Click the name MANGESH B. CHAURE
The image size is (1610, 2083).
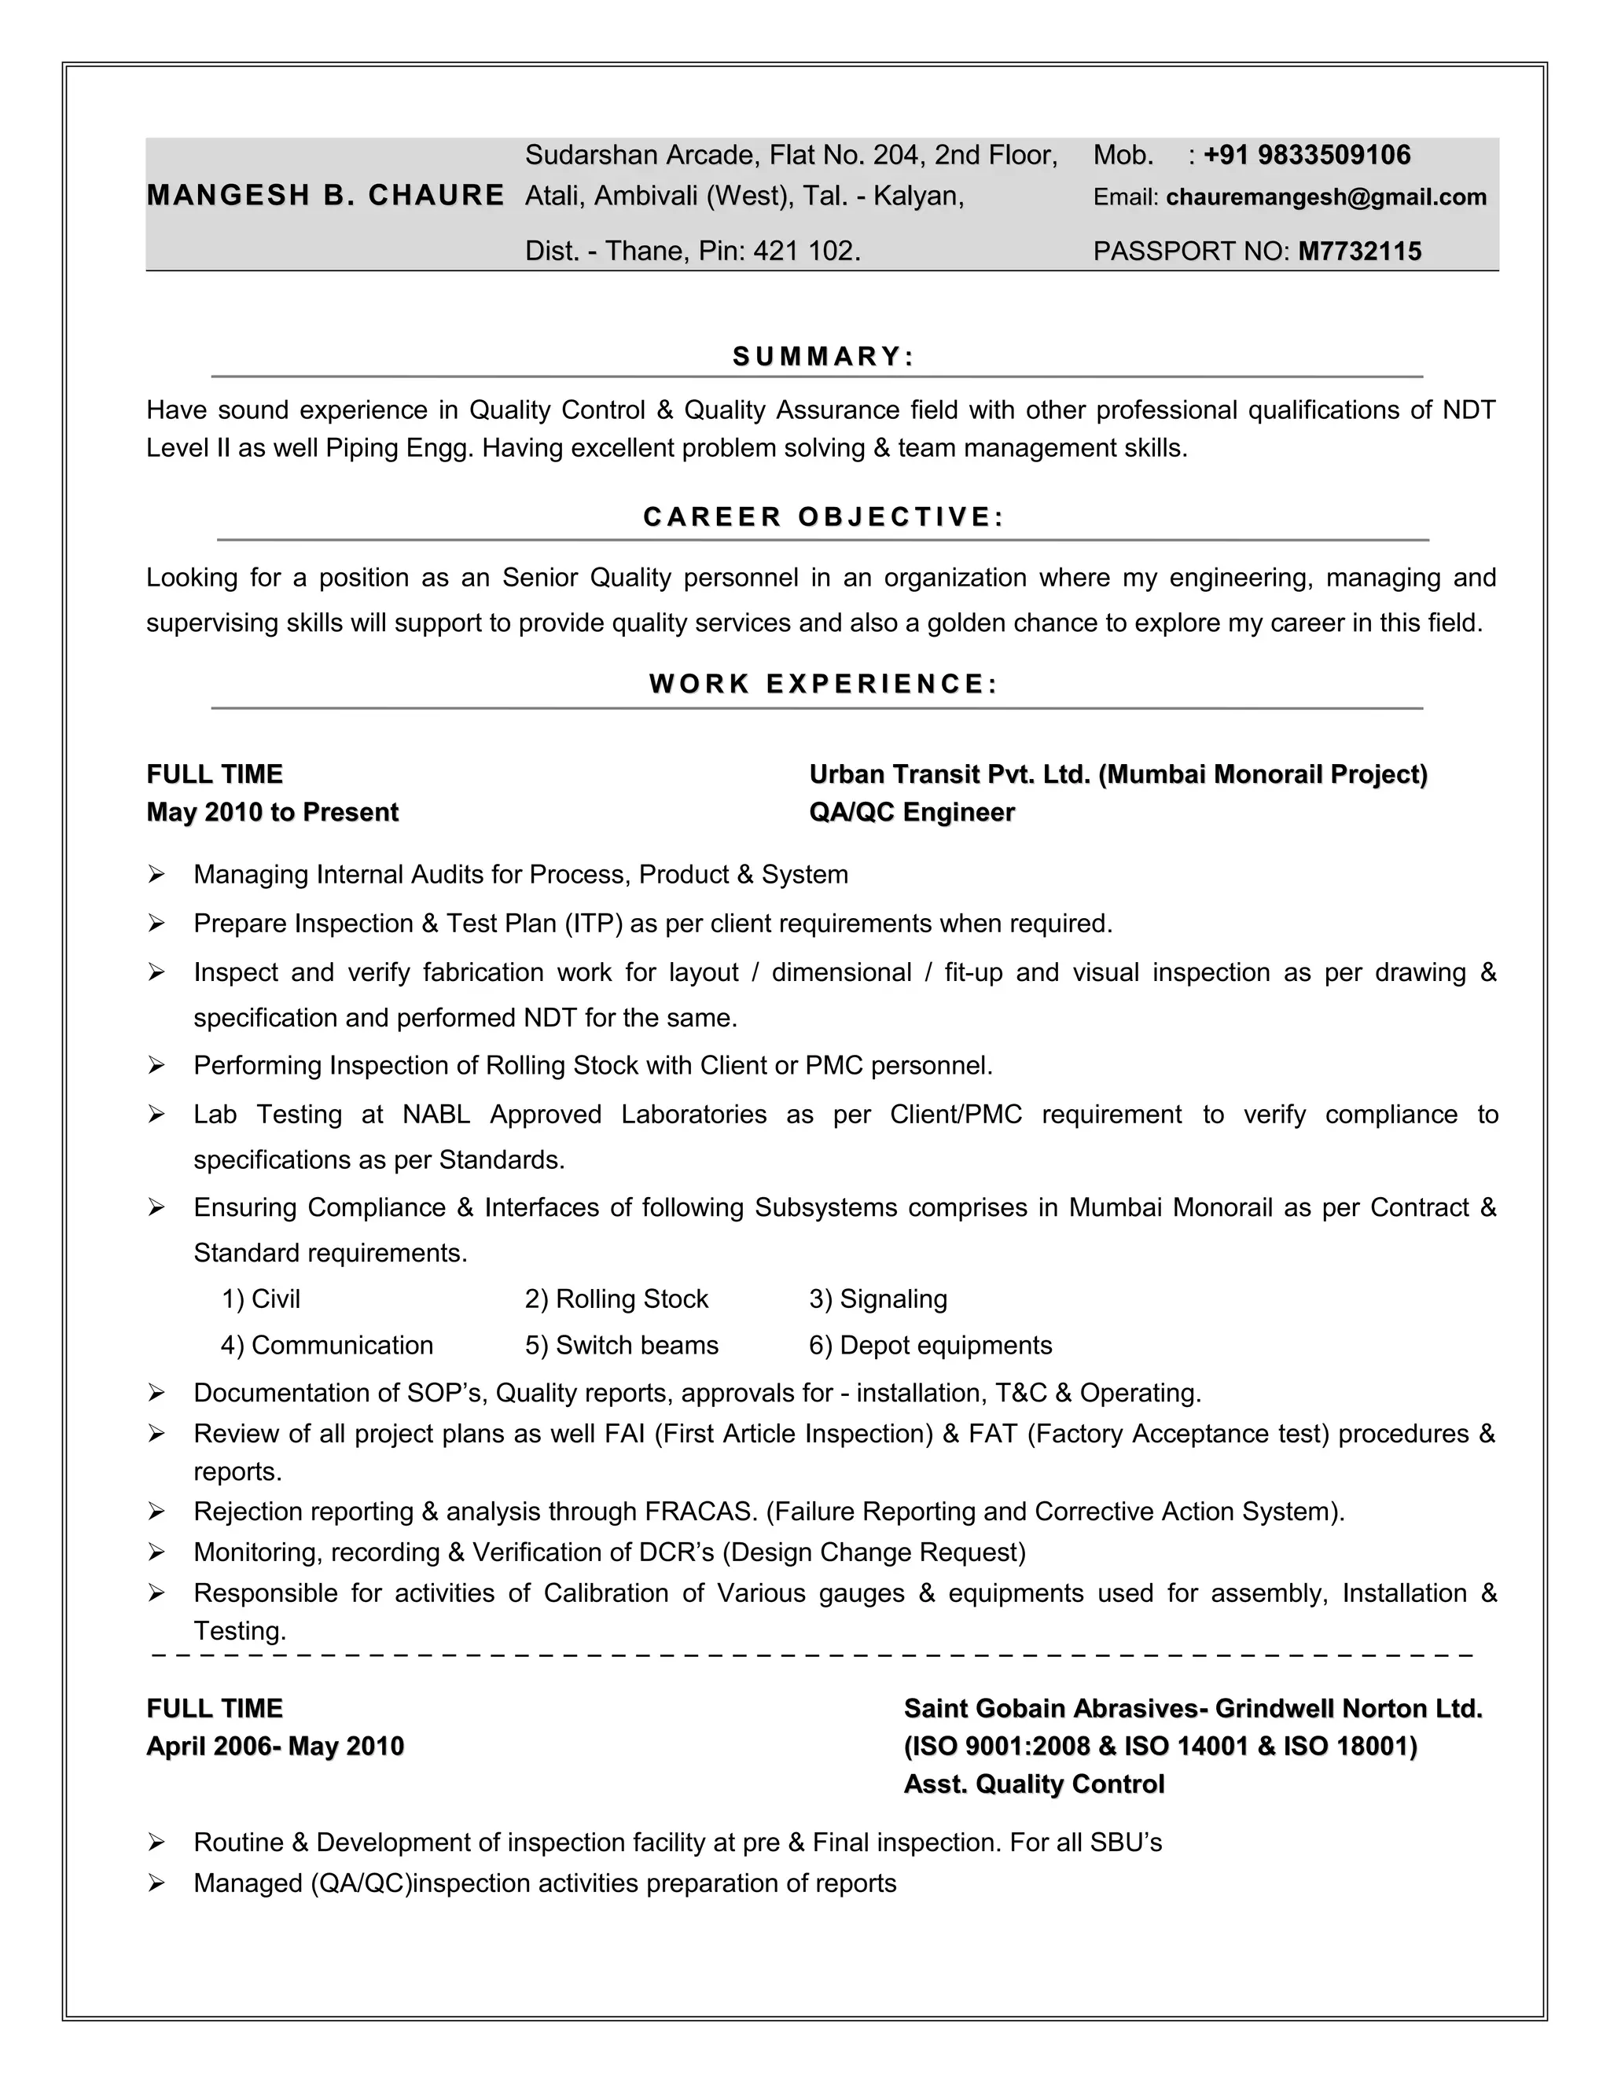[x=325, y=196]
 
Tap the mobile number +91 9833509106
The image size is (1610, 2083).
[x=1306, y=156]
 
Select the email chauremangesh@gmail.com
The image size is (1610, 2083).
[x=1325, y=197]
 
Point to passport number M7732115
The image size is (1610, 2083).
[x=1359, y=252]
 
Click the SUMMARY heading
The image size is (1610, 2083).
[x=823, y=357]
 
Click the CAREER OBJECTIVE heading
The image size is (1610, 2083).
[x=823, y=517]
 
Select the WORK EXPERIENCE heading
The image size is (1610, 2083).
[x=823, y=684]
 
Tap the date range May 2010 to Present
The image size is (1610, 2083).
[x=272, y=813]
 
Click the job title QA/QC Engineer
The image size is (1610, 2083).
[x=912, y=813]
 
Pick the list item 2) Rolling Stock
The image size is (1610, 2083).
[x=616, y=1299]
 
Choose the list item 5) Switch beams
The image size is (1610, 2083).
[x=621, y=1346]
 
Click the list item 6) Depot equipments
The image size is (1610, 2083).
[x=930, y=1346]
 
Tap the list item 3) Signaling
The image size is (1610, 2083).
[x=877, y=1299]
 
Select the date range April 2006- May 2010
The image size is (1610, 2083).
[x=274, y=1747]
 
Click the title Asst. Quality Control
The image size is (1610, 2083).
[x=1034, y=1784]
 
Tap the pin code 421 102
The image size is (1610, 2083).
[x=805, y=252]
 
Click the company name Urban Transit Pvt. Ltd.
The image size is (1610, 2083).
[x=949, y=774]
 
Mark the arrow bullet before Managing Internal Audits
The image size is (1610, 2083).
[x=157, y=875]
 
